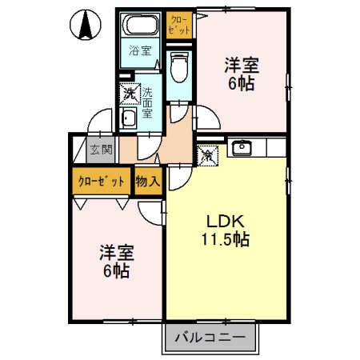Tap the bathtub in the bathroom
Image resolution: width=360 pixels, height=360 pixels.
point(140,25)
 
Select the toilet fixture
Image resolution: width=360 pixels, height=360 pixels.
point(180,64)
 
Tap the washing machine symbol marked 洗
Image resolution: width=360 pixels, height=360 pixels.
point(129,94)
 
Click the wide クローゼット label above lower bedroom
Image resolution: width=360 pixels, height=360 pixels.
point(102,181)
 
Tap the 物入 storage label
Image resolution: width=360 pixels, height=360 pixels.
point(149,181)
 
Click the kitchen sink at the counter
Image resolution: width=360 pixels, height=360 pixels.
point(242,147)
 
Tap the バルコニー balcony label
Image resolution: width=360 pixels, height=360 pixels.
point(214,338)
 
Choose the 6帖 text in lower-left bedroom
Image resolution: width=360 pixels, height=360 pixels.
point(117,270)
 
